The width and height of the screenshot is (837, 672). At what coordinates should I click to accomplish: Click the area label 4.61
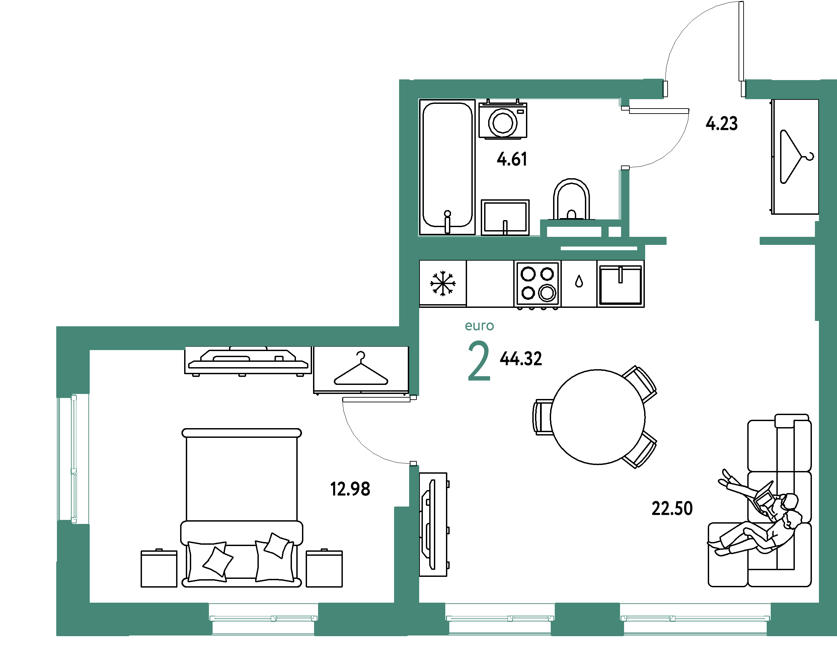[512, 159]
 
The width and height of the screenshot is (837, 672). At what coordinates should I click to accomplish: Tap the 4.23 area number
[721, 124]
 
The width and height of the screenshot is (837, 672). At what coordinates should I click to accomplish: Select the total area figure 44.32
[521, 358]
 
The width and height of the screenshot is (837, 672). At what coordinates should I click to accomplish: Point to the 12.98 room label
[350, 489]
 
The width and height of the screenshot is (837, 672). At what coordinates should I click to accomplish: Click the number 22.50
[672, 509]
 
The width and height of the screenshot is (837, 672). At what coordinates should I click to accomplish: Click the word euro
[479, 326]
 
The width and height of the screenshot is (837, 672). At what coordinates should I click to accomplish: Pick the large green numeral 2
[479, 361]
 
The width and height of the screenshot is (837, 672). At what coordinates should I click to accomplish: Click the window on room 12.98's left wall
[73, 459]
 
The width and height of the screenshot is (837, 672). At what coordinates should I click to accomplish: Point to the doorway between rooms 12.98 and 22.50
[414, 430]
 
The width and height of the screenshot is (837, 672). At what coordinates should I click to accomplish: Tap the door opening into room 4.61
[624, 138]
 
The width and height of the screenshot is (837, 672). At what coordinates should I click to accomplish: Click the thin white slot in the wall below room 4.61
[599, 248]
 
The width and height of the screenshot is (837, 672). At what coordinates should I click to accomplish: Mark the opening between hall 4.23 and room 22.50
[713, 241]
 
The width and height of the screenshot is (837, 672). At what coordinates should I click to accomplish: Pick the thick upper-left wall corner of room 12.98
[73, 359]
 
